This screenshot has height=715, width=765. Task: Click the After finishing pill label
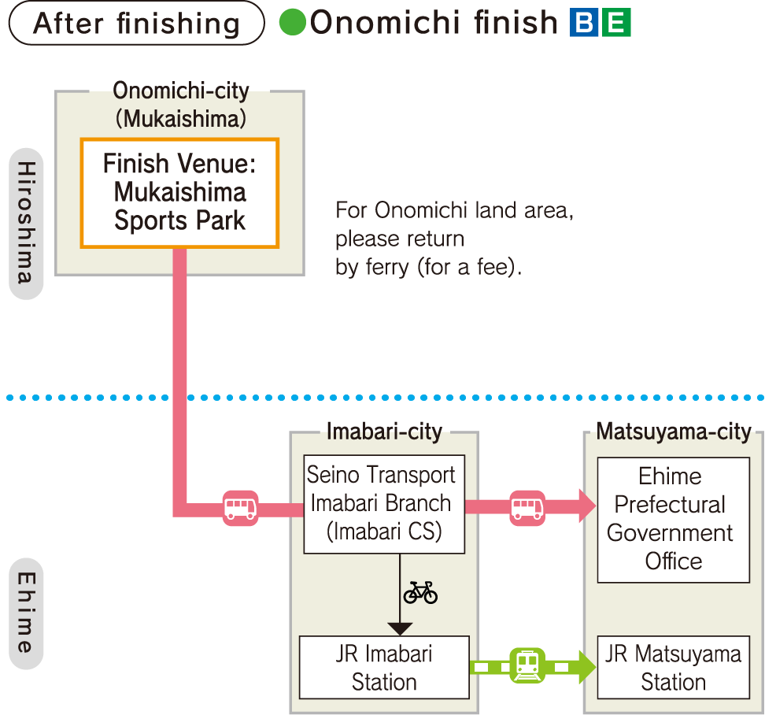[136, 23]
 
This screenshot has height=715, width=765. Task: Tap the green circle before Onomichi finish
[292, 23]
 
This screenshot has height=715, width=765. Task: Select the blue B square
[585, 23]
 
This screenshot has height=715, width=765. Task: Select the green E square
[615, 23]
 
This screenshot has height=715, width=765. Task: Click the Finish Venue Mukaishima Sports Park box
[179, 193]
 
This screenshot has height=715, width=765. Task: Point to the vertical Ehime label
[26, 613]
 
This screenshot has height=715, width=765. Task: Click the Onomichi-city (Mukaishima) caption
[180, 105]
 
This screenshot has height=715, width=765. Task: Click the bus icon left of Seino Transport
[240, 508]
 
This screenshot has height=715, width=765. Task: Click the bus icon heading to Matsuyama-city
[527, 506]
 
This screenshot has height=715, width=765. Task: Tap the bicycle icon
[420, 592]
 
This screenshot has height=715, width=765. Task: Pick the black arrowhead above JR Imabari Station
[400, 628]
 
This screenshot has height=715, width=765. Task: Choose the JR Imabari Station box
[384, 667]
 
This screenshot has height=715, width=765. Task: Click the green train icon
[527, 666]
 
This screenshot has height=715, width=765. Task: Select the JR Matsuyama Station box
[673, 667]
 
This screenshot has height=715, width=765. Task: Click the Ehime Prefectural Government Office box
[673, 520]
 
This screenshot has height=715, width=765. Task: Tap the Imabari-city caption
[384, 431]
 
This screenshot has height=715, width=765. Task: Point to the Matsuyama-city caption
[673, 431]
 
